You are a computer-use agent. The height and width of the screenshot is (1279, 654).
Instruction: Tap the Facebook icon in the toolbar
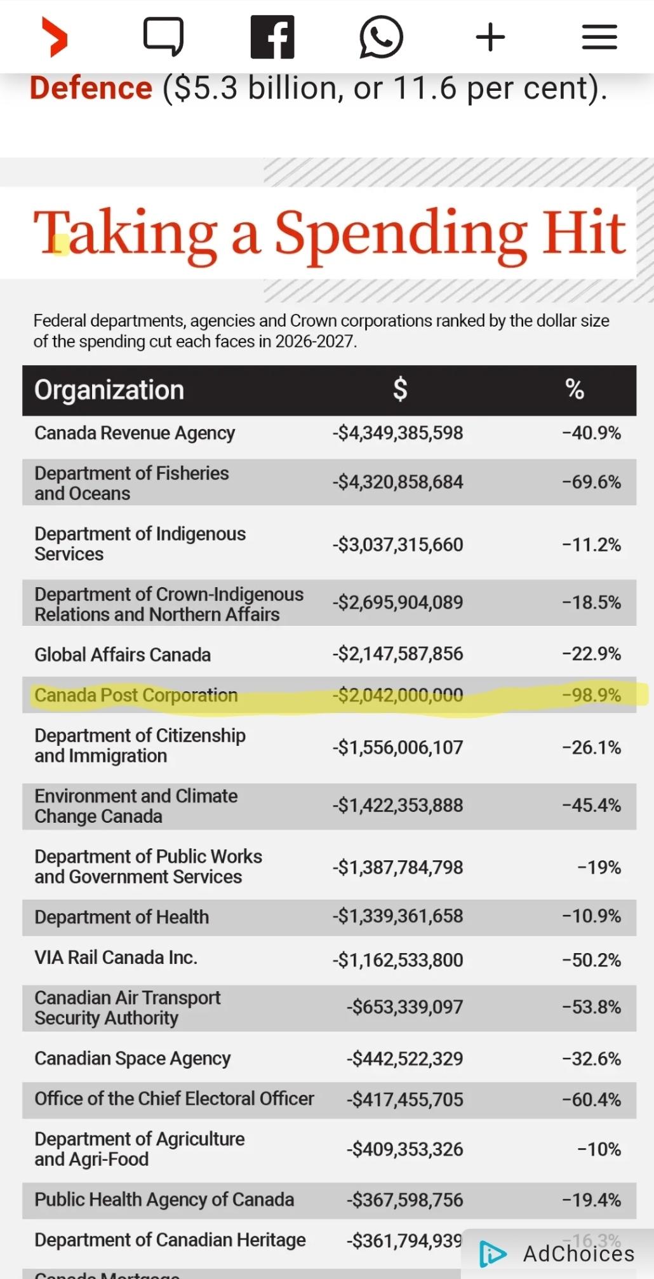click(272, 37)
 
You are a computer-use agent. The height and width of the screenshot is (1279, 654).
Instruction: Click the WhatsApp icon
click(381, 37)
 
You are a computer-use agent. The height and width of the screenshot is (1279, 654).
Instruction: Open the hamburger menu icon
click(599, 37)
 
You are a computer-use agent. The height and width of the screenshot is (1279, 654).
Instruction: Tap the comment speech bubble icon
click(163, 36)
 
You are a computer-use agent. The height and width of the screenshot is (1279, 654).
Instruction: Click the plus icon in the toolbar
click(490, 37)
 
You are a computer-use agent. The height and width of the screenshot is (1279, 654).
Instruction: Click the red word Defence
click(91, 88)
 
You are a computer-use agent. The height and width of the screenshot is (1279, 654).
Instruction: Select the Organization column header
click(109, 390)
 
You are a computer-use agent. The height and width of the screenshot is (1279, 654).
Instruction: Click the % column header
click(575, 389)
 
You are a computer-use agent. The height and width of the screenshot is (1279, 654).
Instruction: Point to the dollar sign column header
click(400, 389)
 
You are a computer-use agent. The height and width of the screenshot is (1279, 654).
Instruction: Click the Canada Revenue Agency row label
click(135, 433)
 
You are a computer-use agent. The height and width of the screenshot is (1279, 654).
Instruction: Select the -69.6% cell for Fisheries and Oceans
click(591, 482)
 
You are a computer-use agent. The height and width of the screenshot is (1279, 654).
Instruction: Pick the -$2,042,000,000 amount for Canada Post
click(397, 695)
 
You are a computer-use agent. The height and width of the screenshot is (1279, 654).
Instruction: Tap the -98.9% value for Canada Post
click(591, 695)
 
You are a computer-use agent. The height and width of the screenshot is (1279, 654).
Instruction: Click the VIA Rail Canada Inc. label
click(116, 958)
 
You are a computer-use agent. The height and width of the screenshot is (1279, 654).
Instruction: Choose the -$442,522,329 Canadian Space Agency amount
click(404, 1059)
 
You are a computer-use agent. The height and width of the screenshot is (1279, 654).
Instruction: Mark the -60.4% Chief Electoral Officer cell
click(591, 1100)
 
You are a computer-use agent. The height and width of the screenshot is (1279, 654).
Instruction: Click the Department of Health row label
click(121, 917)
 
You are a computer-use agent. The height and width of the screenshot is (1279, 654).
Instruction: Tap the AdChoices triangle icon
click(493, 1254)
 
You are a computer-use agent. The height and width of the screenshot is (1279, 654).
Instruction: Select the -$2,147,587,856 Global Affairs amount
click(397, 654)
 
